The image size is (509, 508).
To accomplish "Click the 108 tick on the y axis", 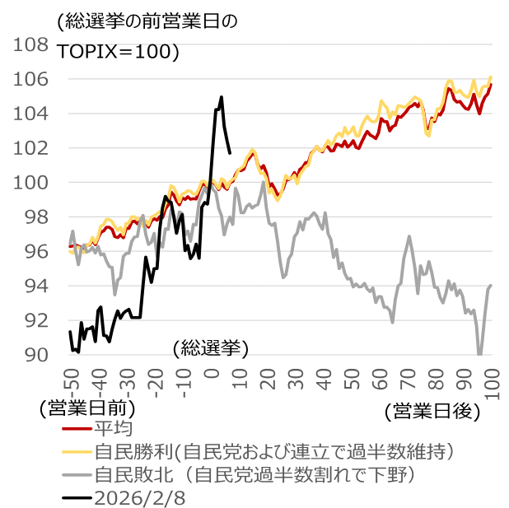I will [30, 44].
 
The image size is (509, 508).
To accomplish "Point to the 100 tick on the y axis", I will [30, 183].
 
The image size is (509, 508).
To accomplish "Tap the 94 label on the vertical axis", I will [36, 287].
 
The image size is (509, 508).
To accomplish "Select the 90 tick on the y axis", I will [36, 356].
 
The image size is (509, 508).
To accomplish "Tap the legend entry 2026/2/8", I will [133, 498].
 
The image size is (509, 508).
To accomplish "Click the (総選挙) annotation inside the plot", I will [211, 348].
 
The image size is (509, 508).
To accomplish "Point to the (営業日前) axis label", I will [86, 407].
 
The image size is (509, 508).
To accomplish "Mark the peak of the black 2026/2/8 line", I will [222, 97].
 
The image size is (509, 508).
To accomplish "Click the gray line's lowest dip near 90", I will [479, 354].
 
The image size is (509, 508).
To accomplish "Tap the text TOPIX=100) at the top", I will [119, 51].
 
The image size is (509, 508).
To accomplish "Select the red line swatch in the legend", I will [77, 429].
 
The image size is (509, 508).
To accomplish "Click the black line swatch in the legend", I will [77, 498].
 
